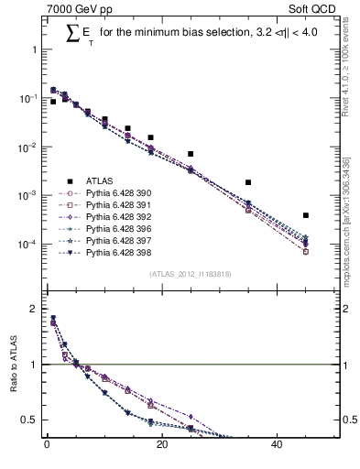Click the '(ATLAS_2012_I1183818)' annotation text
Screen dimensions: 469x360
click(x=189, y=274)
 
